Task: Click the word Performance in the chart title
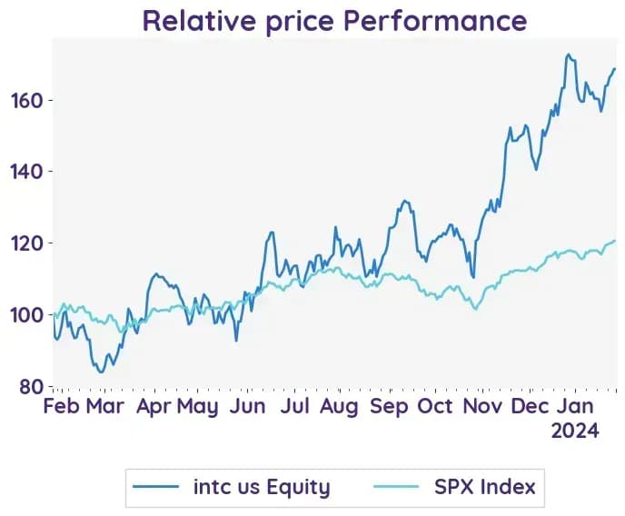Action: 435,22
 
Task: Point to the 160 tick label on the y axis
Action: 26,101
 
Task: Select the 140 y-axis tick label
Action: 26,172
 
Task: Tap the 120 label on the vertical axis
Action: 26,243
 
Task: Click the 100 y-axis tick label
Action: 26,315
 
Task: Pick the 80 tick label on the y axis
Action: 32,386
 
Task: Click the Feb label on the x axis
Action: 61,406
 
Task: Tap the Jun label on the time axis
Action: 247,406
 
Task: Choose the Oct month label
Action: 435,406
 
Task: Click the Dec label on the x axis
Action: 531,406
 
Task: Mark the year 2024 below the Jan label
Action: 575,431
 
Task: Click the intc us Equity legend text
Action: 262,487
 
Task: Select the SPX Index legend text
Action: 485,487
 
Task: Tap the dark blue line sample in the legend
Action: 156,487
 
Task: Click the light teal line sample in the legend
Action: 397,487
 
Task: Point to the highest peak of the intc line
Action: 569,55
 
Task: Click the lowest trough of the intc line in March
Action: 101,372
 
